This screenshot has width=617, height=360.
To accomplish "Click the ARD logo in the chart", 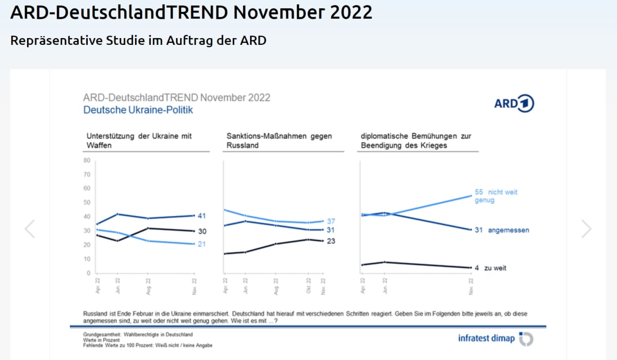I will (514, 104).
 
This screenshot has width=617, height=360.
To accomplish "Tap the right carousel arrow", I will (586, 229).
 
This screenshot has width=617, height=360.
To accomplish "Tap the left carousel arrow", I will (30, 229).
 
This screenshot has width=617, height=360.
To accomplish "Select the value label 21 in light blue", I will (201, 244).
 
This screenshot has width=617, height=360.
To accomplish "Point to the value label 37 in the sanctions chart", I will (331, 221).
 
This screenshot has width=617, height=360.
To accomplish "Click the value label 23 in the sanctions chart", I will (331, 241).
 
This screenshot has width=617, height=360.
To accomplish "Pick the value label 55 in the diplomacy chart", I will (479, 192).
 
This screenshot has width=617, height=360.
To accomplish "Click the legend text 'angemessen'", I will (508, 230).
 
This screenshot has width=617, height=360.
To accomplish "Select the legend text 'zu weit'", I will (495, 268).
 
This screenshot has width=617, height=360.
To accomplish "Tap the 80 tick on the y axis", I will (87, 160).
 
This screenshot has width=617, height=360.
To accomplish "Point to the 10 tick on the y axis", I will (87, 259).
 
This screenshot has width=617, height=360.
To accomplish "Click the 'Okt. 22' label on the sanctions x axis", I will (308, 286).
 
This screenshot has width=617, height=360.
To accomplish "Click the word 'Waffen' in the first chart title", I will (99, 145).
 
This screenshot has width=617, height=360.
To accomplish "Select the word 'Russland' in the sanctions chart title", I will (242, 145).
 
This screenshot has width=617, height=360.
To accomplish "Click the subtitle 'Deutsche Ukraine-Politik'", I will (138, 110).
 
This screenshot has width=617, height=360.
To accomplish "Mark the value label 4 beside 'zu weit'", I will (476, 268).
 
